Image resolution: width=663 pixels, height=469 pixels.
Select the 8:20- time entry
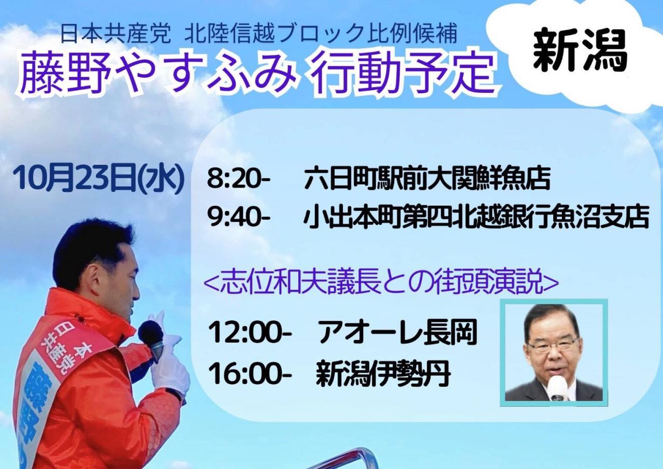238,179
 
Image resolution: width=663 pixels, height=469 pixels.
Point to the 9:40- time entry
239,218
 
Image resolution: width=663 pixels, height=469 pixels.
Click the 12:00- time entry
250,333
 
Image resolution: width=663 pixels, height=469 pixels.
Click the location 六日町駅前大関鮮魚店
427,179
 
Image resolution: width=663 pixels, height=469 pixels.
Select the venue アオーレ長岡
397,333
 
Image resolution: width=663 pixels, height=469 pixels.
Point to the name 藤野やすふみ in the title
159,74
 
